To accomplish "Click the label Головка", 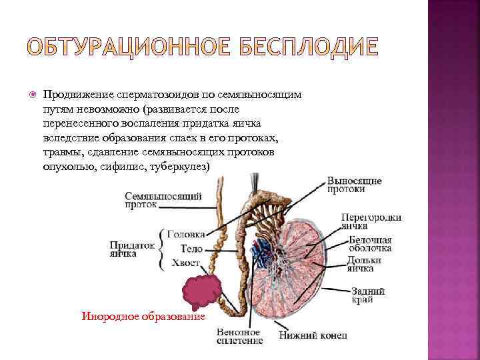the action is tap(185, 234).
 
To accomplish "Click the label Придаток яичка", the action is tap(131, 249).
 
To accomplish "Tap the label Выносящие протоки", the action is tap(354, 185).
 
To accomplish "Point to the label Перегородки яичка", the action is tap(371, 221).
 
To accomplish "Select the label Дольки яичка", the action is tap(364, 265).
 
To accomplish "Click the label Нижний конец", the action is tap(313, 335).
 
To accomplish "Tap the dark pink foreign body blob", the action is tap(201, 291).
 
